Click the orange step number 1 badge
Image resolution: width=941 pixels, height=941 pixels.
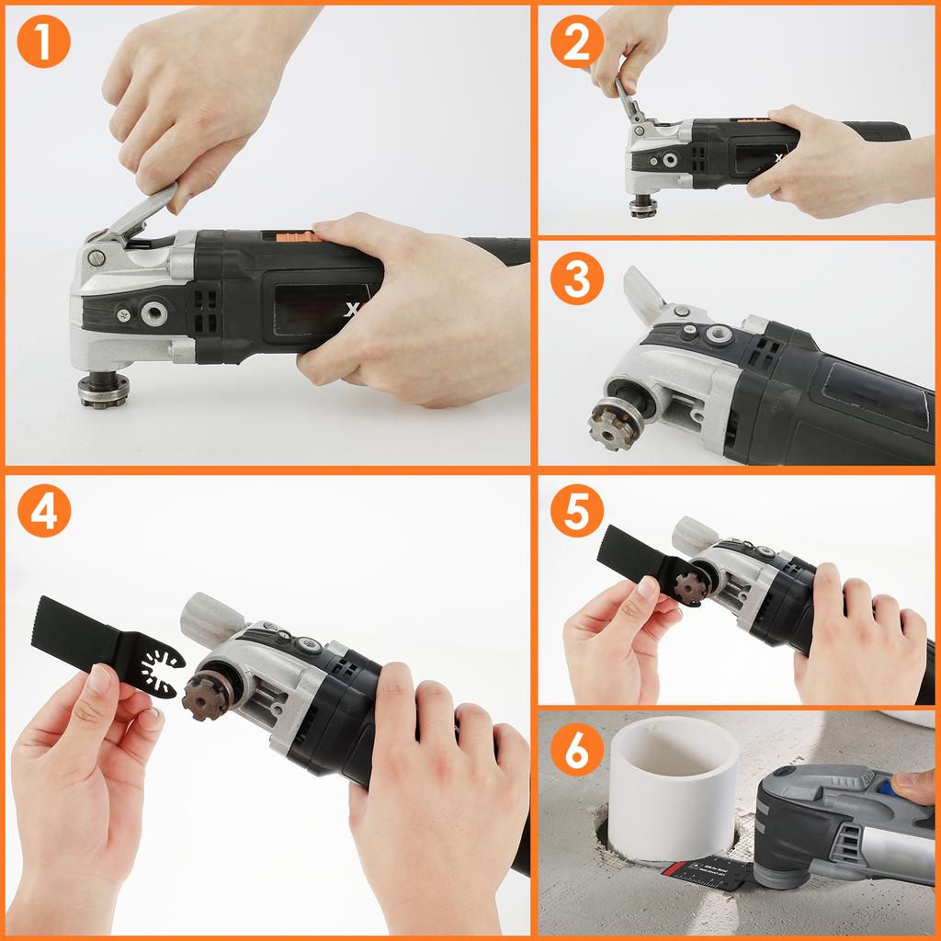pos(43,41)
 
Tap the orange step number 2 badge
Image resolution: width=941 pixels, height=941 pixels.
pos(576,41)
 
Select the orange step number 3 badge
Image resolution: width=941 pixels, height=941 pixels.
pos(576,279)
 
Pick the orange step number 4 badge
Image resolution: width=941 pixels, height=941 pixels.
pos(43,515)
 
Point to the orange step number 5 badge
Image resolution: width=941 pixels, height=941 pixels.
pos(576,514)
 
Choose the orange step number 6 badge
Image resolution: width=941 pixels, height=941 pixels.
pos(576,753)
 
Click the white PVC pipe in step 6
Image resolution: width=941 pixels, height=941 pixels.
pos(674,787)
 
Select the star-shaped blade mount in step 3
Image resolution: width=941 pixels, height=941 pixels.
pos(615,424)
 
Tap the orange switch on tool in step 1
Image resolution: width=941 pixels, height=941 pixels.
pos(289,236)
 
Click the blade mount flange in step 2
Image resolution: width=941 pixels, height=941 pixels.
pos(643,206)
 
